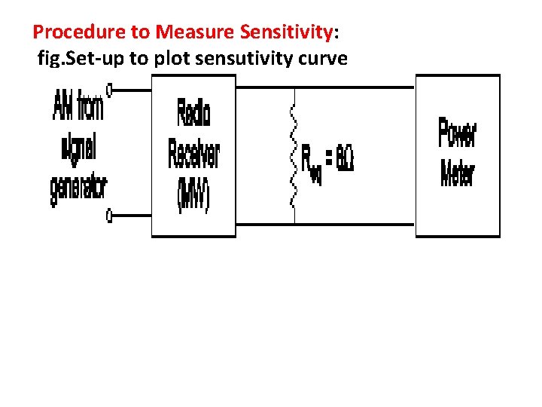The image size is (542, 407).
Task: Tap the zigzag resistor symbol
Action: pos(294,158)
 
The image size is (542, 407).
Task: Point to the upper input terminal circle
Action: pos(110,90)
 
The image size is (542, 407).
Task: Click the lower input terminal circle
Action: pos(110,217)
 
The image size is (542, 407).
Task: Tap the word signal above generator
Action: pos(78,148)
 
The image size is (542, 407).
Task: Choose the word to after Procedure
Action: pos(143,32)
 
